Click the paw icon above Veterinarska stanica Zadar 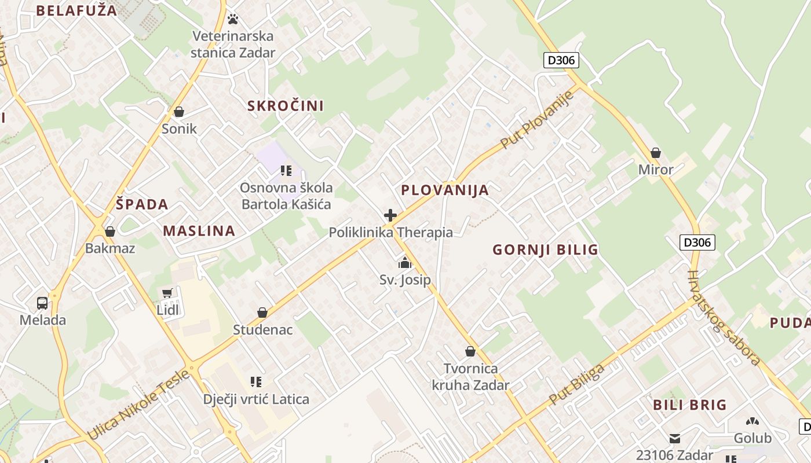tap(233, 19)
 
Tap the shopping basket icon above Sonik tap(179, 112)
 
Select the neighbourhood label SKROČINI tap(286, 106)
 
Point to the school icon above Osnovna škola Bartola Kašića tap(286, 171)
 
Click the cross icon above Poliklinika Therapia tap(390, 216)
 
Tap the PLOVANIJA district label tap(445, 190)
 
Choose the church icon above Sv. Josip tap(405, 263)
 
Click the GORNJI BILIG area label tap(545, 250)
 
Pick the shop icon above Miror tap(656, 153)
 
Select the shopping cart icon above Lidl tap(168, 293)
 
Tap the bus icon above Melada tap(42, 303)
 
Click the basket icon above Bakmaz tap(110, 231)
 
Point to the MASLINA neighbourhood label tap(199, 231)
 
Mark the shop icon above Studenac tap(262, 313)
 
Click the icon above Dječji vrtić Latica tap(256, 382)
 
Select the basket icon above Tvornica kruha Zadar tap(470, 351)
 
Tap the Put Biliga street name tap(576, 384)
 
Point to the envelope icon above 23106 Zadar tap(675, 438)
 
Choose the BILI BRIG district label tap(689, 405)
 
